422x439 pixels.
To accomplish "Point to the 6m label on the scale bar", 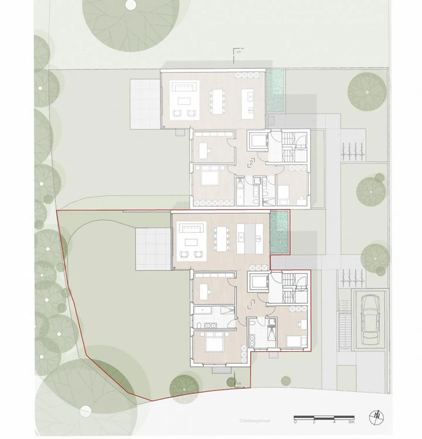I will [x=351, y=422].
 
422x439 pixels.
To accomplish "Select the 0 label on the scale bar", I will [x=295, y=422].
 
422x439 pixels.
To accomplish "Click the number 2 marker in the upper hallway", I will [x=251, y=162].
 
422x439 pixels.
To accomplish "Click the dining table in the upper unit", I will [x=217, y=101].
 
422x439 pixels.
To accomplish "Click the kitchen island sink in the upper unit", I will [x=250, y=96].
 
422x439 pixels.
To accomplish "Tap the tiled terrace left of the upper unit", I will [x=146, y=104].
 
